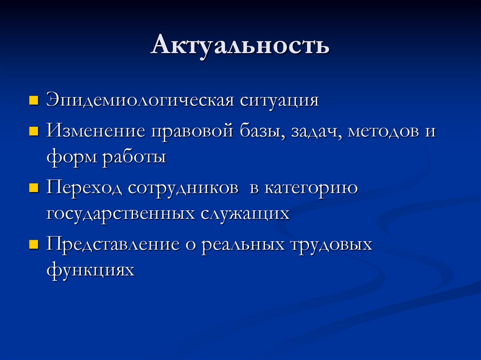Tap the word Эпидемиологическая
(139, 101)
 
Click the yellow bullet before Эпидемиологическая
(33, 100)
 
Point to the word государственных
(120, 214)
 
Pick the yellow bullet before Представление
(33, 245)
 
